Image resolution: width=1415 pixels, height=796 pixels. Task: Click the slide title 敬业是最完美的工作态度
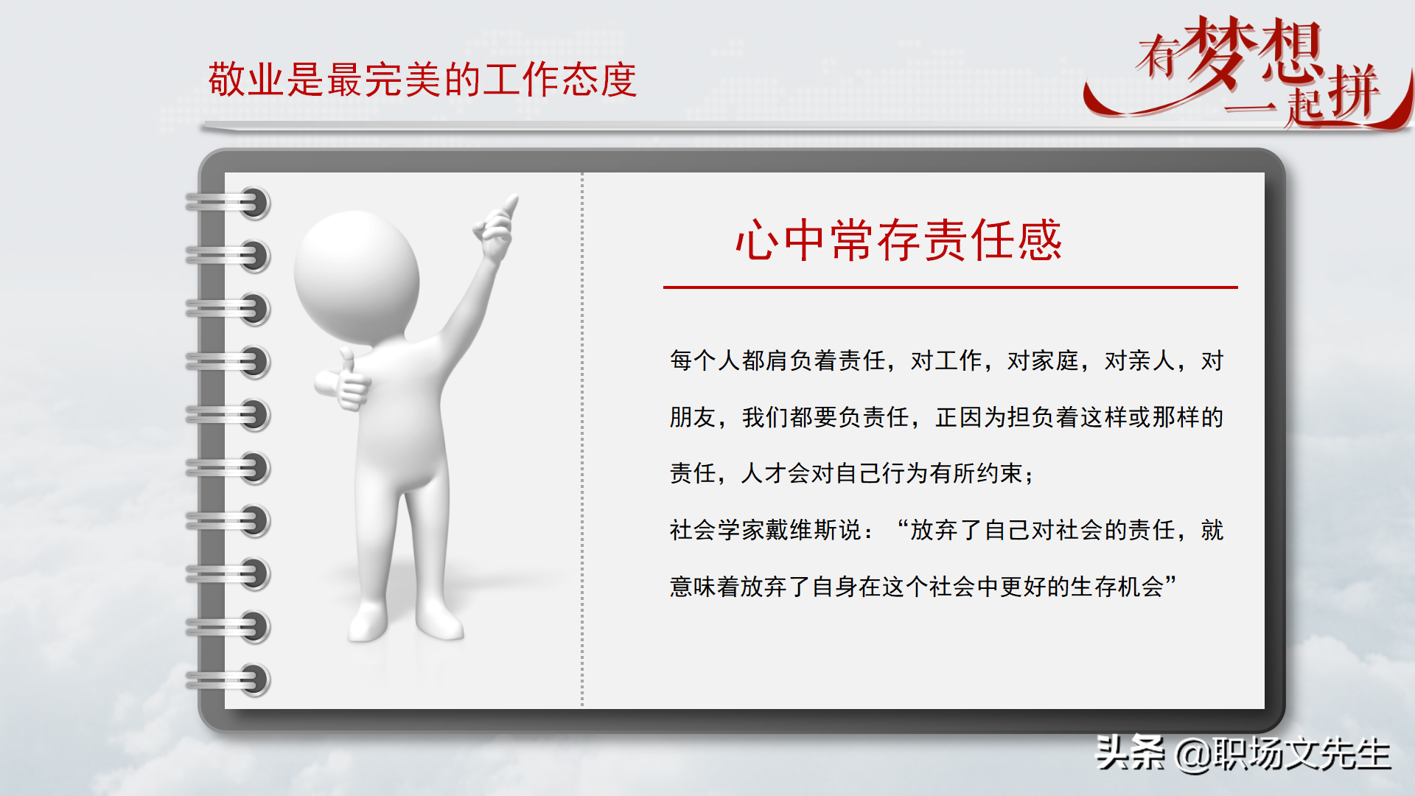pos(422,80)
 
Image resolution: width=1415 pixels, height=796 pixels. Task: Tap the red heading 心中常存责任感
pos(898,240)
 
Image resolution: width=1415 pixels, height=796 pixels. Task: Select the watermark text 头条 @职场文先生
pos(1243,753)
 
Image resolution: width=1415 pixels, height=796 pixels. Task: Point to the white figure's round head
pos(357,276)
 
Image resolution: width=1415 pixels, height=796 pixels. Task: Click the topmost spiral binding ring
pos(252,203)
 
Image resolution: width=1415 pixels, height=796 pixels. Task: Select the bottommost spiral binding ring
pos(252,680)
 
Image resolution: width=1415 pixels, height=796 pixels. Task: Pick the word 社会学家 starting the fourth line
pos(717,530)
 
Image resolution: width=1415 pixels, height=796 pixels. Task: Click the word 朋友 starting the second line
pos(693,417)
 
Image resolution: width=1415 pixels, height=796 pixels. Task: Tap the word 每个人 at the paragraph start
pos(705,360)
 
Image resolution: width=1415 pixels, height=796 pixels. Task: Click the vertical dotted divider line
pos(582,442)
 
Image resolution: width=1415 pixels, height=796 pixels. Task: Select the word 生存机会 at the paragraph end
pos(1117,587)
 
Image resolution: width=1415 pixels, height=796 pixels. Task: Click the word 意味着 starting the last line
pos(705,587)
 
